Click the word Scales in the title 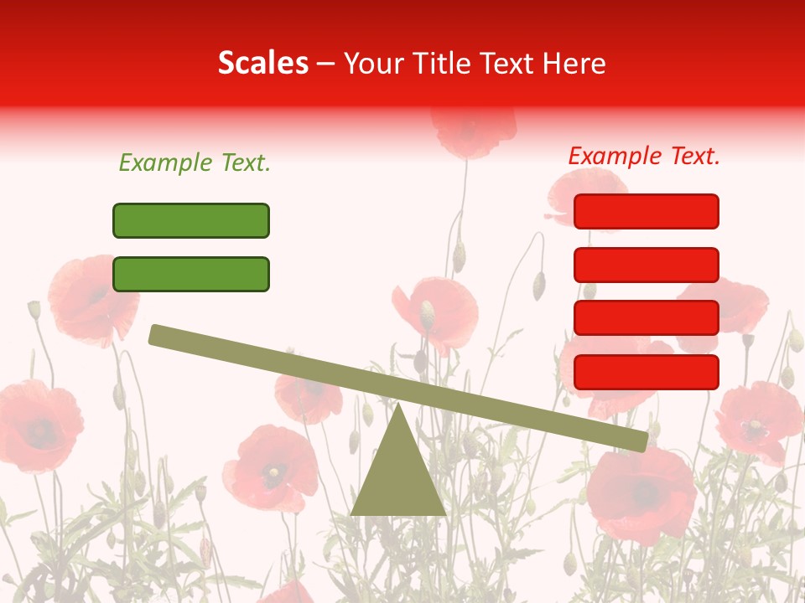pyautogui.click(x=263, y=64)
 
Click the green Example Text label pyautogui.click(x=195, y=163)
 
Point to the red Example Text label pyautogui.click(x=644, y=156)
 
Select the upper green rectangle pyautogui.click(x=191, y=220)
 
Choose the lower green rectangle pyautogui.click(x=191, y=274)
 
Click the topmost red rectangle pyautogui.click(x=646, y=211)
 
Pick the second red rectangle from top pyautogui.click(x=646, y=265)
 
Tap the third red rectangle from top pyautogui.click(x=646, y=318)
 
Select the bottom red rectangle pyautogui.click(x=646, y=372)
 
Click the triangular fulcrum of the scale pyautogui.click(x=398, y=477)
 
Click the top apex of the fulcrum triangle pyautogui.click(x=399, y=407)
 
